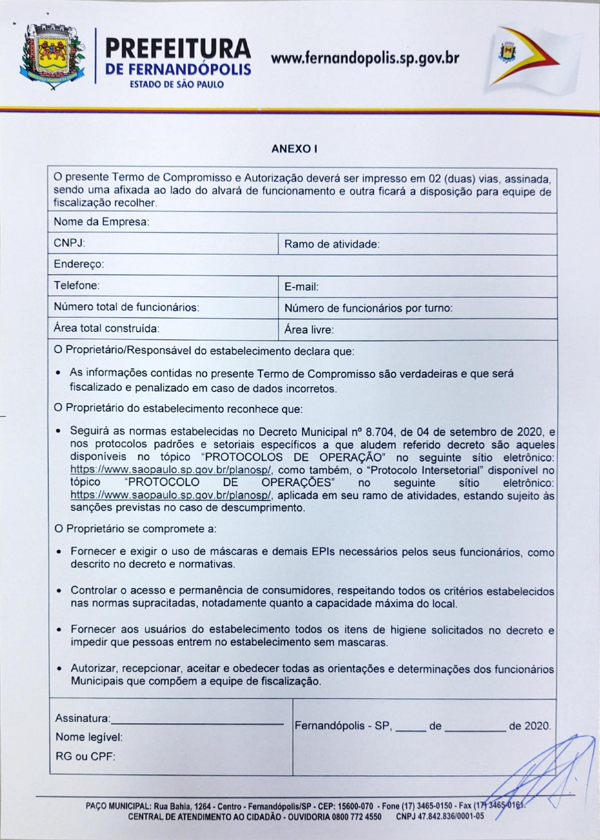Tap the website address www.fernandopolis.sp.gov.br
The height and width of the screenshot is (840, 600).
[364, 58]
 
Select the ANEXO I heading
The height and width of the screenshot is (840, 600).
[294, 148]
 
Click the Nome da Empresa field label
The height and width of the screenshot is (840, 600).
[101, 221]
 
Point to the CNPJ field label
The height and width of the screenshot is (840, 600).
[69, 243]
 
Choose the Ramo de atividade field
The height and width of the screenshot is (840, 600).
[332, 244]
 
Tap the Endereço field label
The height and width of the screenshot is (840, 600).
[78, 264]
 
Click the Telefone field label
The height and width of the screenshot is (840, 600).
[76, 285]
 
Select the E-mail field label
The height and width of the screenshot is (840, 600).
[301, 287]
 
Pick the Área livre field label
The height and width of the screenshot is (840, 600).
[309, 329]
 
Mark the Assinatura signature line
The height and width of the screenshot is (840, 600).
[197, 723]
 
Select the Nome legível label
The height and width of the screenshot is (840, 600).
[89, 737]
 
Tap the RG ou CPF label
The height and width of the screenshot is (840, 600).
[85, 756]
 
